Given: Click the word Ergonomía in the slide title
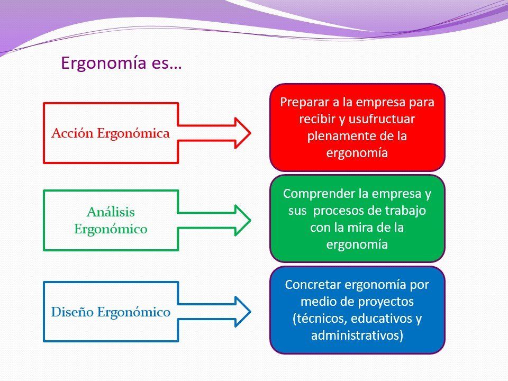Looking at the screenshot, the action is pyautogui.click(x=104, y=63).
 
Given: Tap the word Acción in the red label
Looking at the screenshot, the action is pyautogui.click(x=72, y=133).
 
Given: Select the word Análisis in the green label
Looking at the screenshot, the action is pyautogui.click(x=111, y=212).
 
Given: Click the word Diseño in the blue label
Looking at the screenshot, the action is pyautogui.click(x=72, y=312).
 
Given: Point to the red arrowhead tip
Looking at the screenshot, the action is pyautogui.click(x=250, y=133).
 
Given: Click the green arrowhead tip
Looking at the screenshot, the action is pyautogui.click(x=250, y=220).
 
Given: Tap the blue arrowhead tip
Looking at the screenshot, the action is pyautogui.click(x=250, y=312).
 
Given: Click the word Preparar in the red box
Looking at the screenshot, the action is pyautogui.click(x=304, y=102).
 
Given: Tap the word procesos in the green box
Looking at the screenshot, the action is pyautogui.click(x=338, y=211).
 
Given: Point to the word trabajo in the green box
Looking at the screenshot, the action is pyautogui.click(x=405, y=211).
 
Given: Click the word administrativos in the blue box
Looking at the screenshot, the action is pyautogui.click(x=355, y=335).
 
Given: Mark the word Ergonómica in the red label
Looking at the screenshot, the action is pyautogui.click(x=133, y=133).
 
